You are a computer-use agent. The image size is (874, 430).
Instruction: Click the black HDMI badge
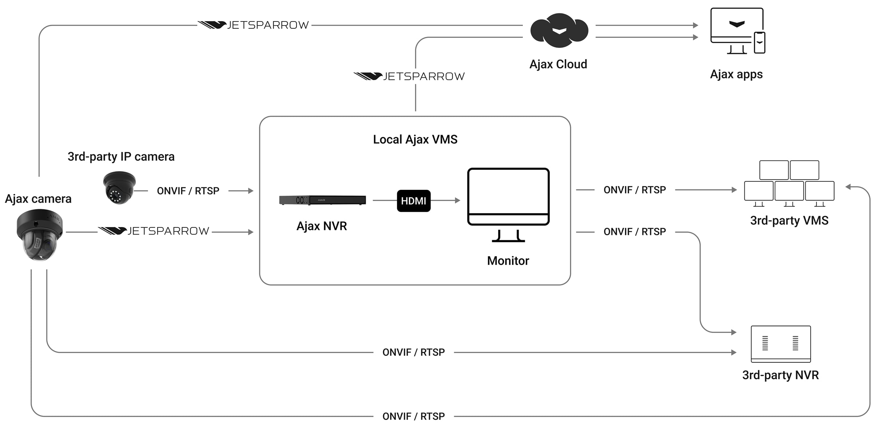(x=413, y=201)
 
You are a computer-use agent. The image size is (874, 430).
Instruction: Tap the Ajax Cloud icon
(x=559, y=31)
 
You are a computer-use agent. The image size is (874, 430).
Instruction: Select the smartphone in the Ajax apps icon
(x=759, y=43)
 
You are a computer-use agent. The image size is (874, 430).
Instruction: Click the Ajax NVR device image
(x=322, y=200)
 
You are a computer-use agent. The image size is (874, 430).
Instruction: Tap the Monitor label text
(x=508, y=261)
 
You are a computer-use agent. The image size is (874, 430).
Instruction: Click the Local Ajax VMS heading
(x=415, y=140)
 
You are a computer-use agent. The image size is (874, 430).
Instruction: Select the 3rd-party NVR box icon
(x=780, y=344)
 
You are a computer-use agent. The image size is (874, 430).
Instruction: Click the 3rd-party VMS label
(x=789, y=220)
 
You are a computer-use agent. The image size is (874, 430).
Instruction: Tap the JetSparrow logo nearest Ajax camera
(x=153, y=231)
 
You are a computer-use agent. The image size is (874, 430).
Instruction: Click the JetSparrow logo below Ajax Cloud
(x=409, y=76)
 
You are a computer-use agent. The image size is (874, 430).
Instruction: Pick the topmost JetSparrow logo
(x=253, y=25)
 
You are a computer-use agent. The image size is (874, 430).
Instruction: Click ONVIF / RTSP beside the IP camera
(x=188, y=191)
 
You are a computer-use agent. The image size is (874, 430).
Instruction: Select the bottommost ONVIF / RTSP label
(x=413, y=416)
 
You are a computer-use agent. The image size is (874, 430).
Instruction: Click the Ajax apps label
(x=736, y=74)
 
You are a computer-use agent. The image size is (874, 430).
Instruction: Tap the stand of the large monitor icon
(x=508, y=236)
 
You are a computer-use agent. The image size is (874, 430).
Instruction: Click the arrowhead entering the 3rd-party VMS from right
(x=848, y=187)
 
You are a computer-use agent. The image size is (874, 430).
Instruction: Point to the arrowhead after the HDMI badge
(x=458, y=200)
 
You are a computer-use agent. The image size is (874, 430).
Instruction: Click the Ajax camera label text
(x=38, y=199)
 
